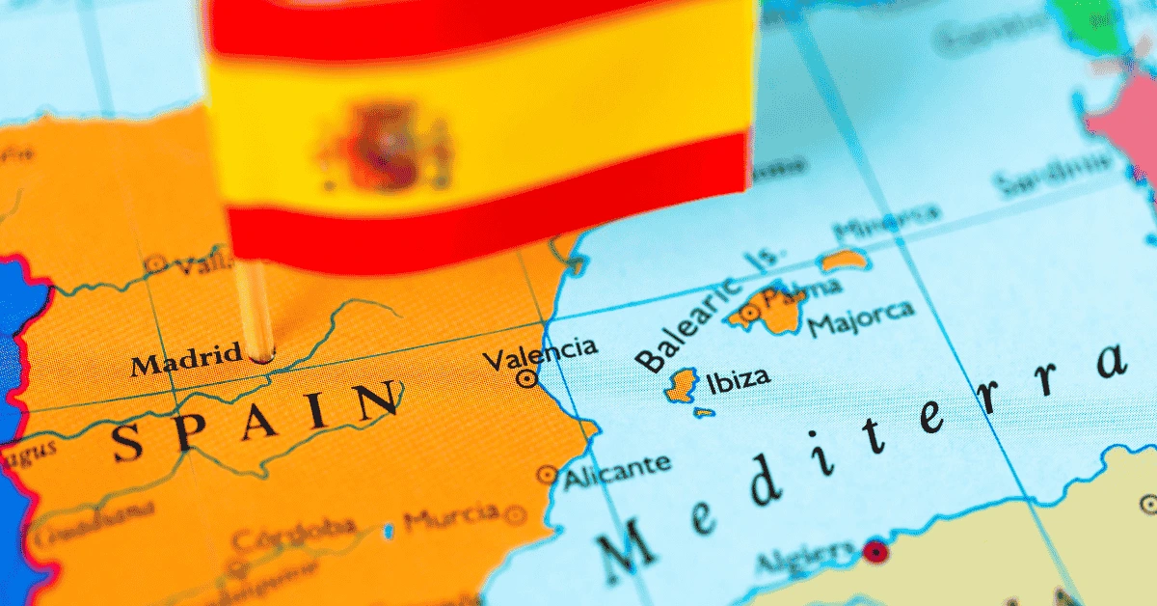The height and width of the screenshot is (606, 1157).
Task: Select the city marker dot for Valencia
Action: [x=526, y=379]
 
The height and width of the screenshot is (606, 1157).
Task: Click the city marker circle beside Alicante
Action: [x=547, y=475]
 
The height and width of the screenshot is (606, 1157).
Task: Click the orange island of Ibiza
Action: [x=683, y=384]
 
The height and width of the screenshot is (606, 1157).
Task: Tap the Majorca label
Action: [x=861, y=318]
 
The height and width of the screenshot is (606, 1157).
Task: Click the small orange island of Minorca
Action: [x=843, y=260]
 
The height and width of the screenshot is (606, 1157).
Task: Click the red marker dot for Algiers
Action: [x=874, y=551]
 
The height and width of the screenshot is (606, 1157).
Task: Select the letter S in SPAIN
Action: [x=129, y=443]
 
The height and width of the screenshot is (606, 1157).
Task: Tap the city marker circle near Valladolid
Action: [x=155, y=263]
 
